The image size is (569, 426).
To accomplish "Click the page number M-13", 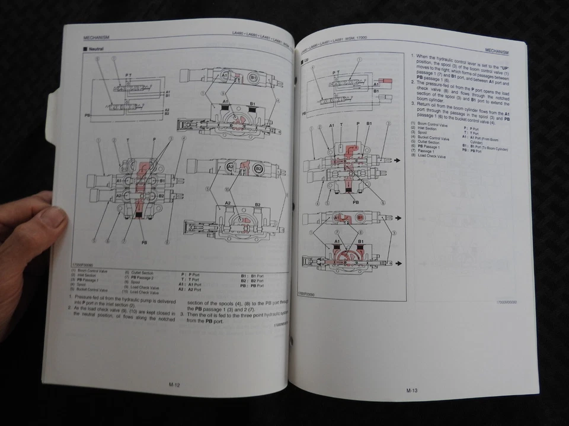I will click(413, 390).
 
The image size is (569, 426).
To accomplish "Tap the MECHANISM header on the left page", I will click(96, 37).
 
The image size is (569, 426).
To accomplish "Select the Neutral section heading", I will click(94, 50).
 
